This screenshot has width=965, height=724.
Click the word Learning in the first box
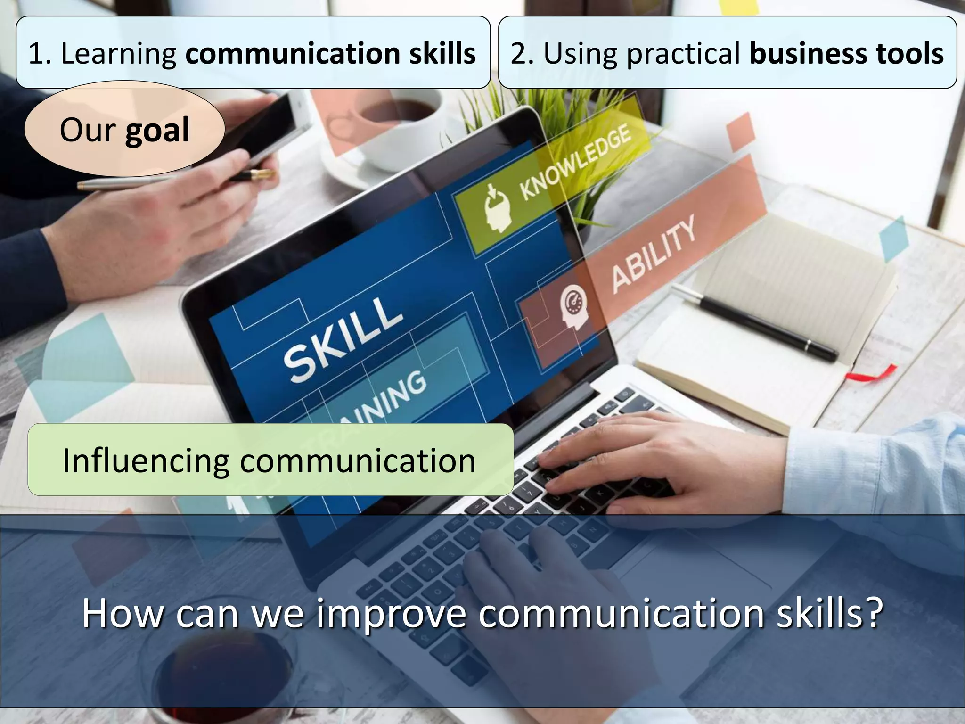(118, 54)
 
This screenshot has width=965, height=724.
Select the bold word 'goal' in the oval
(157, 131)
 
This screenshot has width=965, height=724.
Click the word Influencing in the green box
(146, 461)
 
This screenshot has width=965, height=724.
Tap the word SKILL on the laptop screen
(343, 339)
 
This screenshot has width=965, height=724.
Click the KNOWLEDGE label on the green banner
(575, 162)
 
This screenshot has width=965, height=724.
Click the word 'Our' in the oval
(88, 131)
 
